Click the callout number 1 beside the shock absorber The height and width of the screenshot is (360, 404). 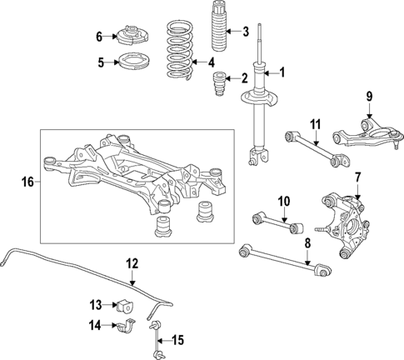(281, 72)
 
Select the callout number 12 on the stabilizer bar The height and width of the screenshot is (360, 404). (131, 264)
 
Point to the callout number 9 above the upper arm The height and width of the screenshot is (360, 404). (369, 97)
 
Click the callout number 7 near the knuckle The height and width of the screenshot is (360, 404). (357, 177)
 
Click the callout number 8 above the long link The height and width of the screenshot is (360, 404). (307, 242)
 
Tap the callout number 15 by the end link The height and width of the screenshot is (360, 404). (177, 339)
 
